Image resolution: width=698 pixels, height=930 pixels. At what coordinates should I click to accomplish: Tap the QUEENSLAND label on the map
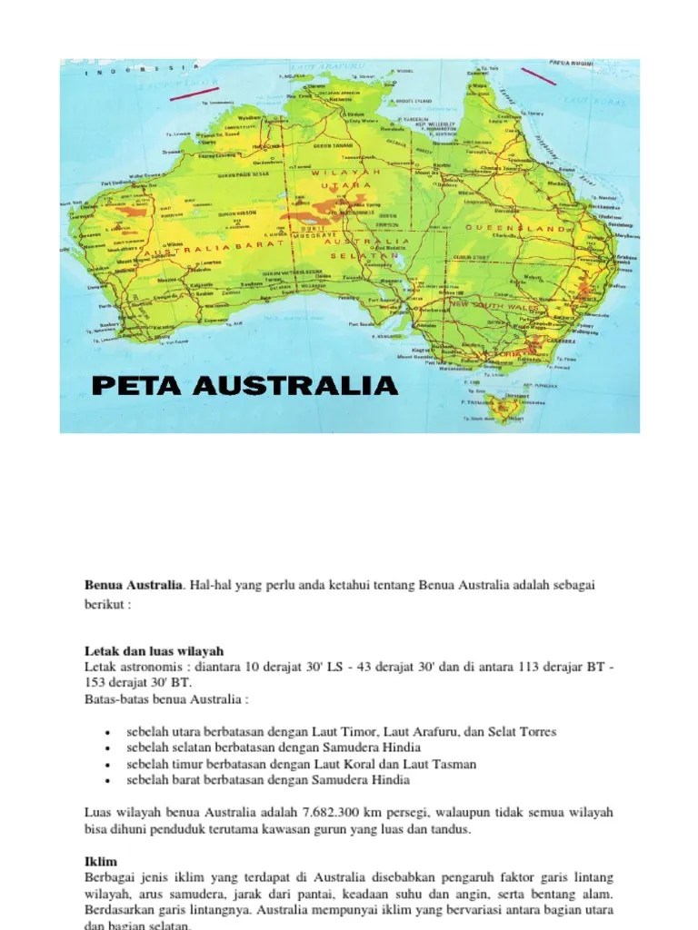(514, 227)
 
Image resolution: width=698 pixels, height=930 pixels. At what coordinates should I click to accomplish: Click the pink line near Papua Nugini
(538, 75)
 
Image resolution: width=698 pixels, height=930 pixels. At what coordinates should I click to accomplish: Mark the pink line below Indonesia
(186, 92)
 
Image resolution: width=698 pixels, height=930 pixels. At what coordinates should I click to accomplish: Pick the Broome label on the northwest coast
(173, 152)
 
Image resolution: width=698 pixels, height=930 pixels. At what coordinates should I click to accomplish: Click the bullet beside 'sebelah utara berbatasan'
(108, 732)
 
